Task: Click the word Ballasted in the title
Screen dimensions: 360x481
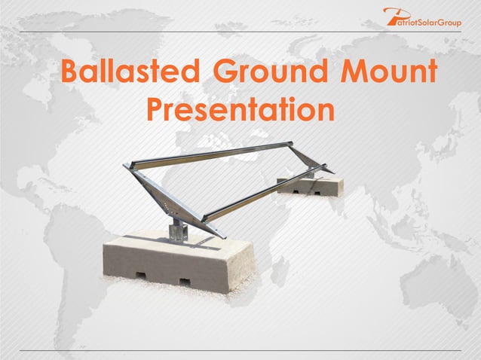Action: pos(129,74)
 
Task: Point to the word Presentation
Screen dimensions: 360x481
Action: pos(240,111)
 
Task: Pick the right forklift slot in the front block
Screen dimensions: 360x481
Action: pos(185,282)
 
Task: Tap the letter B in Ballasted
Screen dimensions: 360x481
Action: pos(70,74)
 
